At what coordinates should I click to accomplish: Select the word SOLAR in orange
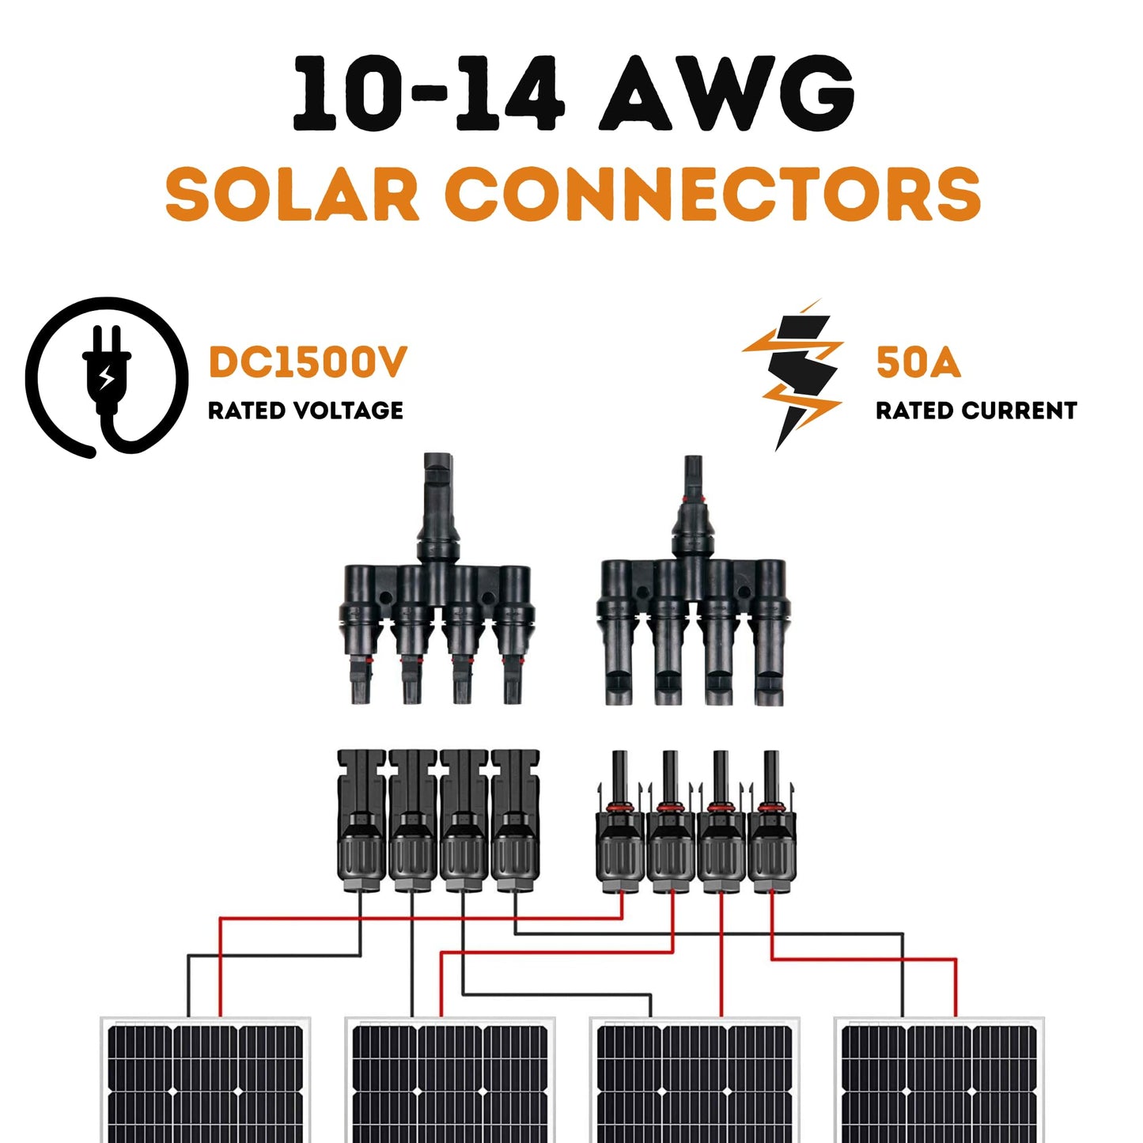[292, 195]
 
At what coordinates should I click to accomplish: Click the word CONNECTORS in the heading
[712, 195]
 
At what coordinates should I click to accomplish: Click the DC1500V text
[307, 362]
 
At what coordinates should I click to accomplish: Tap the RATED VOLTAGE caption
[305, 411]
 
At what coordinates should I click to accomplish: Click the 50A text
[918, 362]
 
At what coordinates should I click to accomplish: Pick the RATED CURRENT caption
[975, 411]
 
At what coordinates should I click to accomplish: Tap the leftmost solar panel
[206, 1080]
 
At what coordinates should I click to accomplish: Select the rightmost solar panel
[940, 1080]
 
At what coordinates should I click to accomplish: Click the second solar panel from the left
[450, 1080]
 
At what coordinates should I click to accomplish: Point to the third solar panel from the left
[695, 1080]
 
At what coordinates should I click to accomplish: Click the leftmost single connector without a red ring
[361, 823]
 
